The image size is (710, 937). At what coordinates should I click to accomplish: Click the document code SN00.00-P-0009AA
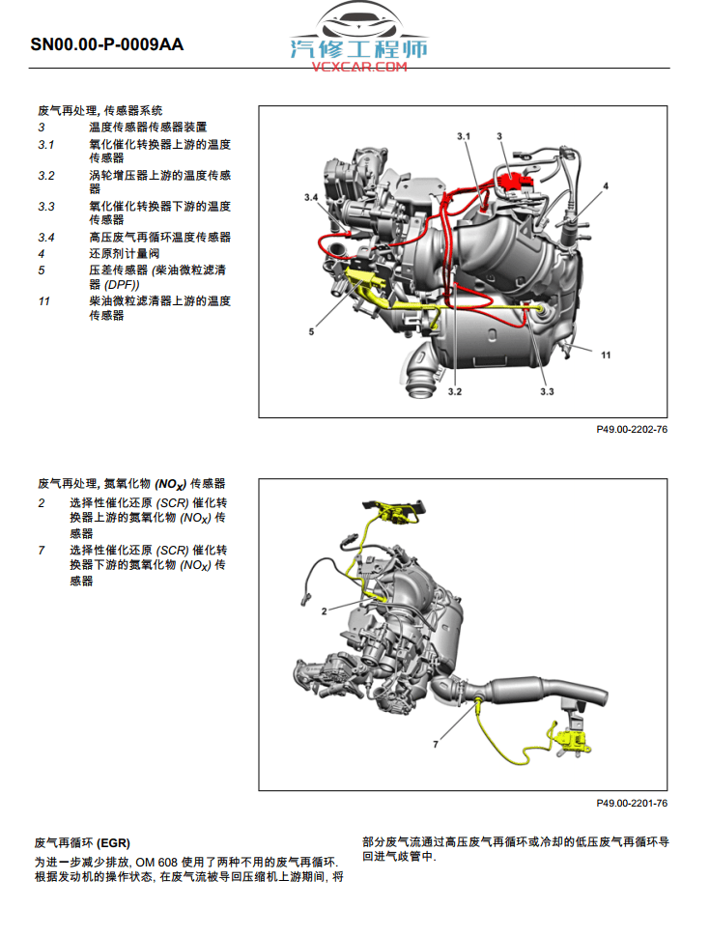click(x=106, y=44)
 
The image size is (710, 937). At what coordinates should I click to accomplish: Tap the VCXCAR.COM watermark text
click(x=359, y=67)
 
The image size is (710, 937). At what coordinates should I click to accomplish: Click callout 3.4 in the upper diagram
click(x=310, y=197)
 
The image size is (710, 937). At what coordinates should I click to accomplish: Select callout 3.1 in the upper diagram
click(x=463, y=138)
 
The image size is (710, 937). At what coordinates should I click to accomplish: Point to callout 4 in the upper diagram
click(x=606, y=185)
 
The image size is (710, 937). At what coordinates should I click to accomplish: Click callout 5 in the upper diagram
click(x=312, y=331)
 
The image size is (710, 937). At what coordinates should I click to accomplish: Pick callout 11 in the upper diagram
click(x=606, y=355)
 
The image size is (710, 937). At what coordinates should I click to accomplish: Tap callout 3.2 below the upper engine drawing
click(x=455, y=391)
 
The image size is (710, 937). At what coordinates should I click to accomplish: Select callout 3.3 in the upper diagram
click(x=547, y=391)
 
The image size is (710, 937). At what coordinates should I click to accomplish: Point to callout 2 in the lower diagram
click(x=325, y=610)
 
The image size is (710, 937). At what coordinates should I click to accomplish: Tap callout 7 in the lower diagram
click(x=435, y=745)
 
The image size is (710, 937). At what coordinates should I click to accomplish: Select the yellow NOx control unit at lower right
click(x=570, y=739)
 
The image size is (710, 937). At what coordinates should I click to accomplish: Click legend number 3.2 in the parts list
click(x=46, y=176)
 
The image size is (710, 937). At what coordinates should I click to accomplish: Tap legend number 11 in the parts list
click(x=43, y=301)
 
